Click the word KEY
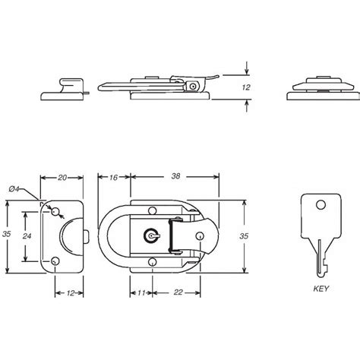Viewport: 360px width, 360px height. pos(320,289)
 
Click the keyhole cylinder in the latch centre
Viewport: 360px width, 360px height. pos(152,237)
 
